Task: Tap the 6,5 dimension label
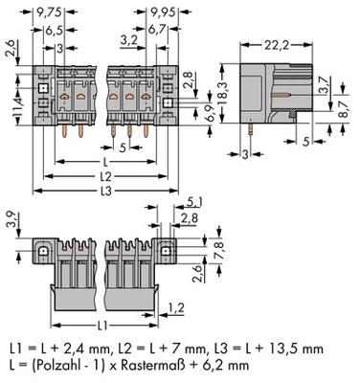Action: [55, 31]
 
